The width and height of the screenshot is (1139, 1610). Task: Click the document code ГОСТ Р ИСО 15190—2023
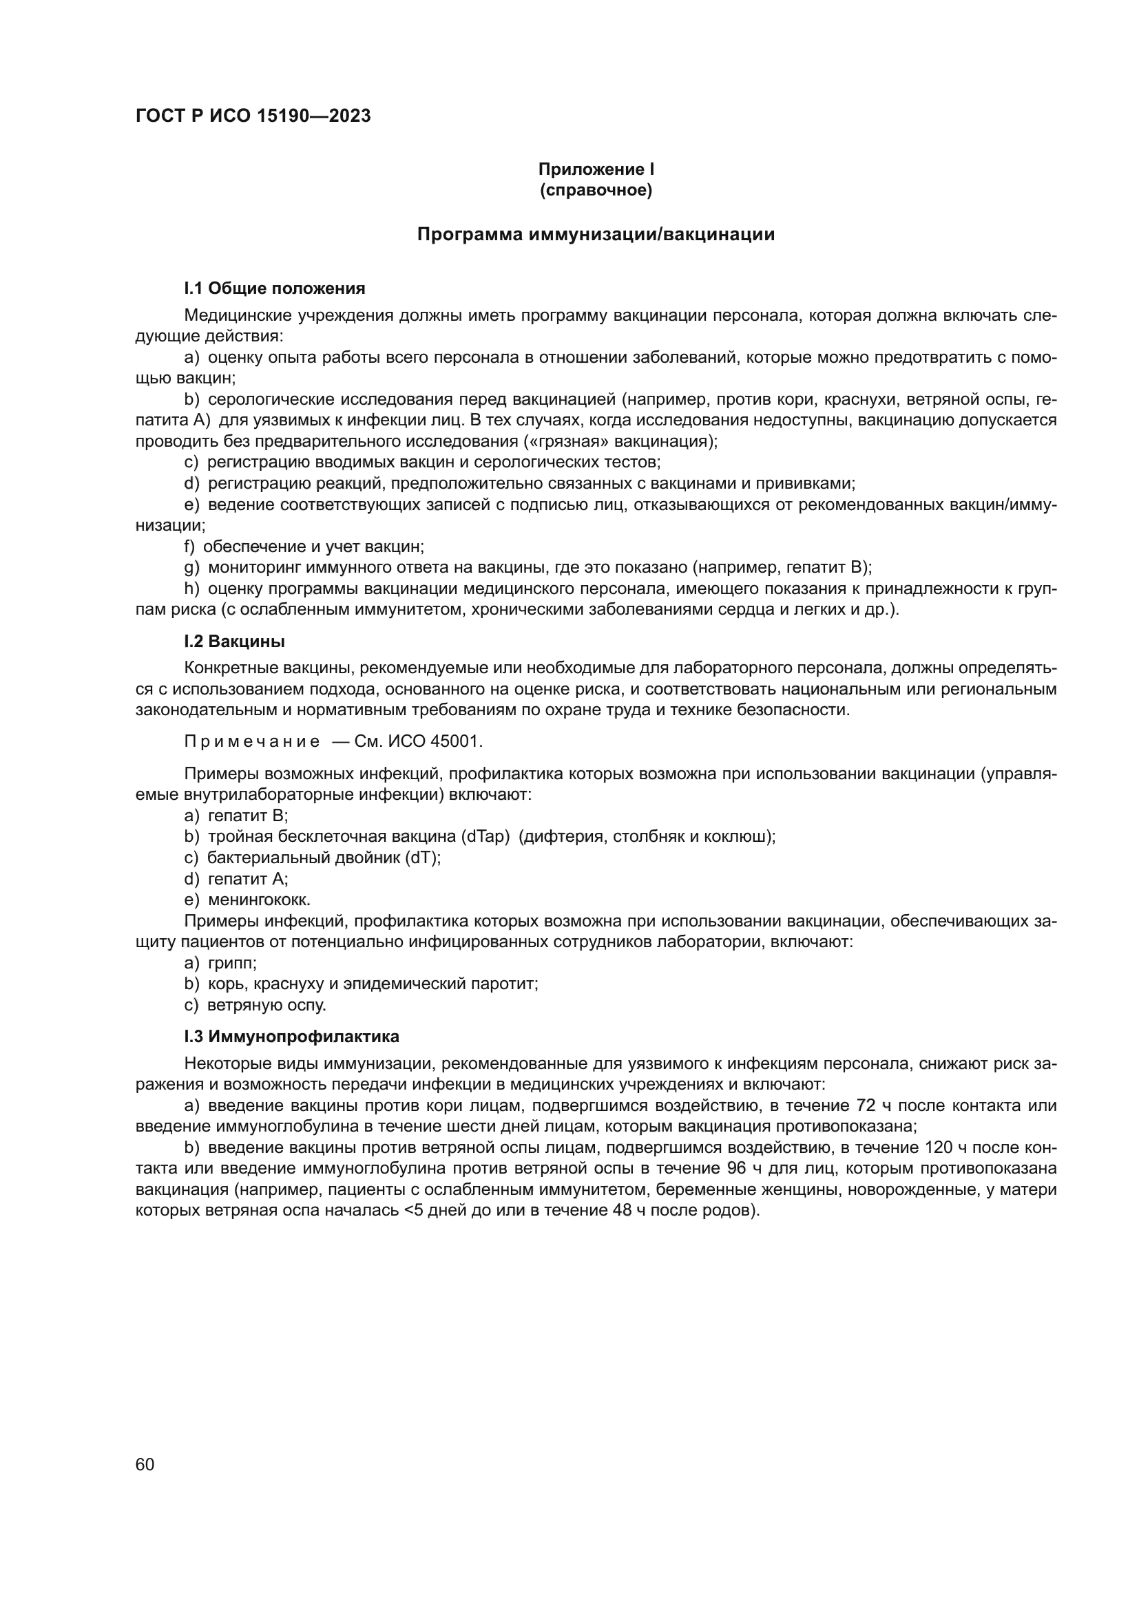(253, 116)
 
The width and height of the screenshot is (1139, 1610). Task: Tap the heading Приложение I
(596, 169)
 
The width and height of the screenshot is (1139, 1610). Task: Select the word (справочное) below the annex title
(596, 190)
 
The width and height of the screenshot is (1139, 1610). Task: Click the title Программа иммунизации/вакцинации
(596, 234)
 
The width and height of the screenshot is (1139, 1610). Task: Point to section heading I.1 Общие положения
(274, 288)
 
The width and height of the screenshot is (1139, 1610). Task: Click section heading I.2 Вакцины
(234, 641)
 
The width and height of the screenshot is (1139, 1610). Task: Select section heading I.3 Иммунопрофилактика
(292, 1036)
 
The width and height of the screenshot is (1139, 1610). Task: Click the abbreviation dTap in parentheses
(484, 836)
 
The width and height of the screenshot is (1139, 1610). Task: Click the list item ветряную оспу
(267, 1005)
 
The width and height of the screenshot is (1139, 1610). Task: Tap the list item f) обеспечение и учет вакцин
(304, 547)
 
